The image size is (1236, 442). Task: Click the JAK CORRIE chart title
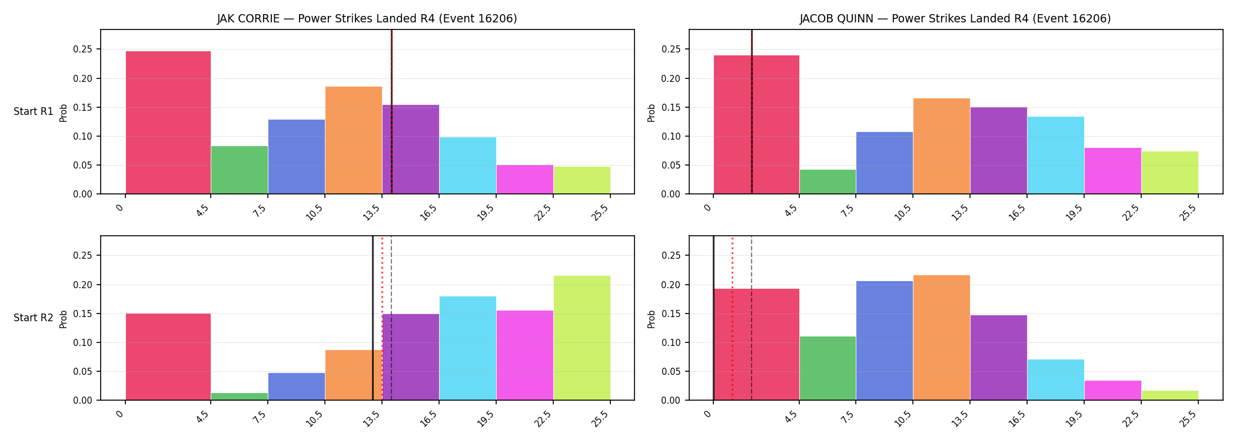[x=367, y=18]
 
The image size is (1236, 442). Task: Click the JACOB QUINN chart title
[x=955, y=18]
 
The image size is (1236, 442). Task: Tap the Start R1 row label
[x=34, y=111]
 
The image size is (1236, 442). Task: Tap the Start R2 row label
[x=34, y=318]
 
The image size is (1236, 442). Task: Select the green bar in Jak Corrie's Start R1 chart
[x=240, y=170]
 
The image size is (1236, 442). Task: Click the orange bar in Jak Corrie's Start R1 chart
[x=354, y=140]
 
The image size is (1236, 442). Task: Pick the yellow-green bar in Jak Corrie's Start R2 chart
[x=582, y=338]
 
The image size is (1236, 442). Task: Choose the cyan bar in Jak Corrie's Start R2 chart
[x=468, y=348]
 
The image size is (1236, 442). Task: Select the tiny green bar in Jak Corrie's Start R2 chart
[x=240, y=397]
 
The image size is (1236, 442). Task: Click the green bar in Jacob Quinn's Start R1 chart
[x=828, y=182]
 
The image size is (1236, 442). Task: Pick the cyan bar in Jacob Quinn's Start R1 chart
[x=1056, y=155]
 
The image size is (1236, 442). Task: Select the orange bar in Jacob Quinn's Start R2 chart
[x=942, y=338]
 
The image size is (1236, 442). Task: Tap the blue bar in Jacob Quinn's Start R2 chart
[x=885, y=341]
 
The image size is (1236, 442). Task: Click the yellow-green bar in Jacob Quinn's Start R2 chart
[x=1170, y=395]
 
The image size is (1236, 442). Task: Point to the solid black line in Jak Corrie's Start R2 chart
[x=373, y=318]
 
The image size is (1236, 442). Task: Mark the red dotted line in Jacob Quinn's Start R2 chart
[x=732, y=318]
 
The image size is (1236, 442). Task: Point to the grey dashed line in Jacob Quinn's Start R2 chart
[x=752, y=318]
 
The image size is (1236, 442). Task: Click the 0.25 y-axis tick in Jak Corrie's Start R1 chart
[x=82, y=50]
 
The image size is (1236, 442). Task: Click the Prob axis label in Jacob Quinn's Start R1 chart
[x=652, y=113]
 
